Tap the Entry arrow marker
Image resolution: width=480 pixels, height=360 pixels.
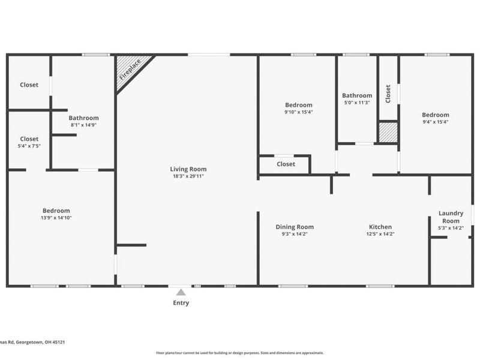(x=181, y=292)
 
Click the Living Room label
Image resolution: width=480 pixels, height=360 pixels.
(x=188, y=169)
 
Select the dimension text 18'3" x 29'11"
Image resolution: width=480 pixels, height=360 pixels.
(x=188, y=176)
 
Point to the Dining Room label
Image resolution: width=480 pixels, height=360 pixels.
(x=295, y=227)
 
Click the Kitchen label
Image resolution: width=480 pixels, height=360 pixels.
(x=380, y=227)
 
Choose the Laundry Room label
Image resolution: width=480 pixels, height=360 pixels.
(x=451, y=217)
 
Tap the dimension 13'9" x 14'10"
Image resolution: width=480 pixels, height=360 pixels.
(x=56, y=218)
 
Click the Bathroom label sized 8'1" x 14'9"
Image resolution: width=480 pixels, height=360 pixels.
(x=83, y=118)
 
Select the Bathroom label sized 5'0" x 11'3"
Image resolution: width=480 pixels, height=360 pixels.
(x=357, y=95)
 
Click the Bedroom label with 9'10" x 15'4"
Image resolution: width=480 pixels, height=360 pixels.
(x=298, y=105)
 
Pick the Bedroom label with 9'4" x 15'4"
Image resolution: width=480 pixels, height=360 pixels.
(x=435, y=115)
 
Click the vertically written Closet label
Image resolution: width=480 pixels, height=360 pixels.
(x=388, y=94)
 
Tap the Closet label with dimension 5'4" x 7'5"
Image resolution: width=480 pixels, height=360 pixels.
(x=29, y=139)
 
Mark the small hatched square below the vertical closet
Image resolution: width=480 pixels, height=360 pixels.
(x=388, y=133)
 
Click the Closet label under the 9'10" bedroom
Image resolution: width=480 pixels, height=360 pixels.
(x=286, y=164)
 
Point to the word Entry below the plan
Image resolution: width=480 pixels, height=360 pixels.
(x=181, y=303)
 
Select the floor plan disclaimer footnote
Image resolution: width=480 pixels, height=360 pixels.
(x=240, y=353)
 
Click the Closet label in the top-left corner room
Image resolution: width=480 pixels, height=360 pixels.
(x=29, y=85)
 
